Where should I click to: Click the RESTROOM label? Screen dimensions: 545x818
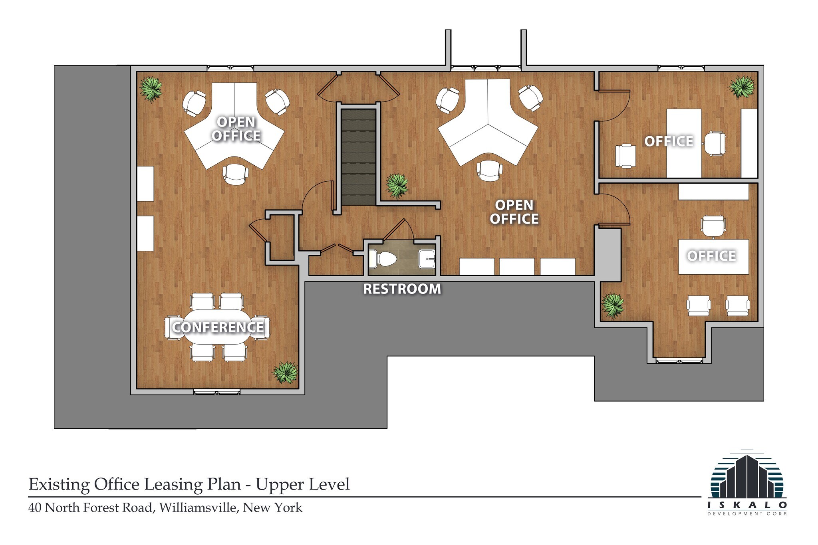[402, 289]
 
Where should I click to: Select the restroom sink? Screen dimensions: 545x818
[427, 259]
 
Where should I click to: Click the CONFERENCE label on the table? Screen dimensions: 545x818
[218, 327]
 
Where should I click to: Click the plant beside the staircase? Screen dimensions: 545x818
[397, 185]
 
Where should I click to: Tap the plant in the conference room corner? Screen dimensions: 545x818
[285, 372]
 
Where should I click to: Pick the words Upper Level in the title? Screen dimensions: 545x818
[302, 484]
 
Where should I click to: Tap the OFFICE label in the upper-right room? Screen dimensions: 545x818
[669, 141]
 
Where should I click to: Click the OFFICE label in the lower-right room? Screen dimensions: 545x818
[711, 256]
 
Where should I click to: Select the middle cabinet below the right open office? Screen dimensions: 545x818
[517, 266]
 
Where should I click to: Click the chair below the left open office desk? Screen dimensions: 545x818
[236, 174]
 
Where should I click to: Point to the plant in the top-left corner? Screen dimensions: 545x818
[151, 89]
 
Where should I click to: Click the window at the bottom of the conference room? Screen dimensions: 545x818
[216, 392]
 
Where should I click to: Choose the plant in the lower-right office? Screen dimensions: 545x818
[613, 305]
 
